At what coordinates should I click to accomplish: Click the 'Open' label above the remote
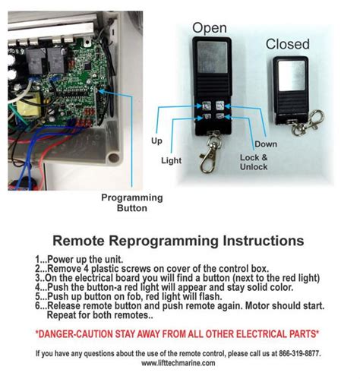pos(210,28)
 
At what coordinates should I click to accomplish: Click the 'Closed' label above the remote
pos(287,45)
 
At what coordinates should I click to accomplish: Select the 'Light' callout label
pos(172,160)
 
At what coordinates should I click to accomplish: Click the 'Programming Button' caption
pos(125,203)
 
